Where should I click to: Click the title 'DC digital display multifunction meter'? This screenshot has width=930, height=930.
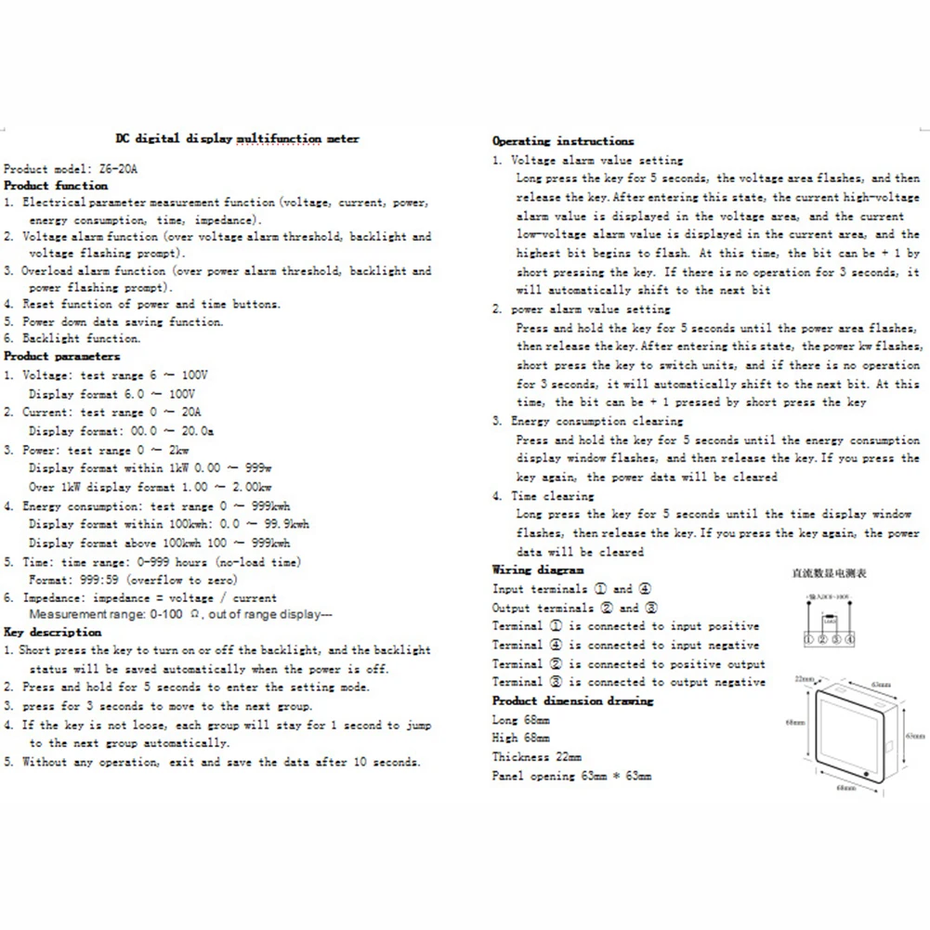(x=237, y=138)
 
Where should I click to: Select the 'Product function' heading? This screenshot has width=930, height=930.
(x=56, y=186)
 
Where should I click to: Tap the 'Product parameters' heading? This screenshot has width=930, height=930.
(x=61, y=356)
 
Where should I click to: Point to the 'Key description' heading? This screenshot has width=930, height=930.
(x=53, y=632)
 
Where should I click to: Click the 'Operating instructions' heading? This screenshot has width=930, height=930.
(x=563, y=141)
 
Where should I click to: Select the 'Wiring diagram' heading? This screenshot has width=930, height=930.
(x=538, y=570)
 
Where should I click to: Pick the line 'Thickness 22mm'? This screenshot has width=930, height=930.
(x=537, y=756)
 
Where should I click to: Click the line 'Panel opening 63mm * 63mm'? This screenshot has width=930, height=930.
(x=571, y=775)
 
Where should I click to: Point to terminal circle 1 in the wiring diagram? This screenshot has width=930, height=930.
(x=809, y=639)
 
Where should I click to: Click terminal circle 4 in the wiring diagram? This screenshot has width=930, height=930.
(x=849, y=639)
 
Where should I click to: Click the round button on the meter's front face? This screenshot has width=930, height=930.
(x=866, y=773)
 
